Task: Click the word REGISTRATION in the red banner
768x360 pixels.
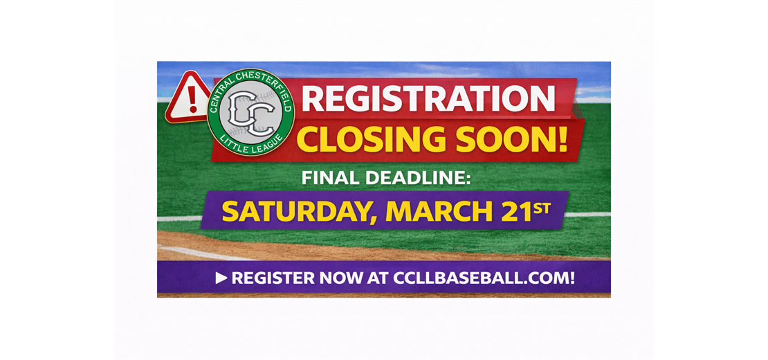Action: [x=428, y=98]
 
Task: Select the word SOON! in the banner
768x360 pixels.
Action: [x=513, y=139]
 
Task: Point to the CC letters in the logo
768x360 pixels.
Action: [x=250, y=112]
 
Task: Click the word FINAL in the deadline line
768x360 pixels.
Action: [x=329, y=178]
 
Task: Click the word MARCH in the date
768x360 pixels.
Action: [x=432, y=211]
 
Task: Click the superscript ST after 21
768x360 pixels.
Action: [x=542, y=206]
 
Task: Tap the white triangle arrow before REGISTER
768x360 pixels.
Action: [x=221, y=278]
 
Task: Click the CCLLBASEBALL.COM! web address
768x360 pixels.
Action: [x=484, y=278]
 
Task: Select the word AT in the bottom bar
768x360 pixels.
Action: [x=374, y=278]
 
